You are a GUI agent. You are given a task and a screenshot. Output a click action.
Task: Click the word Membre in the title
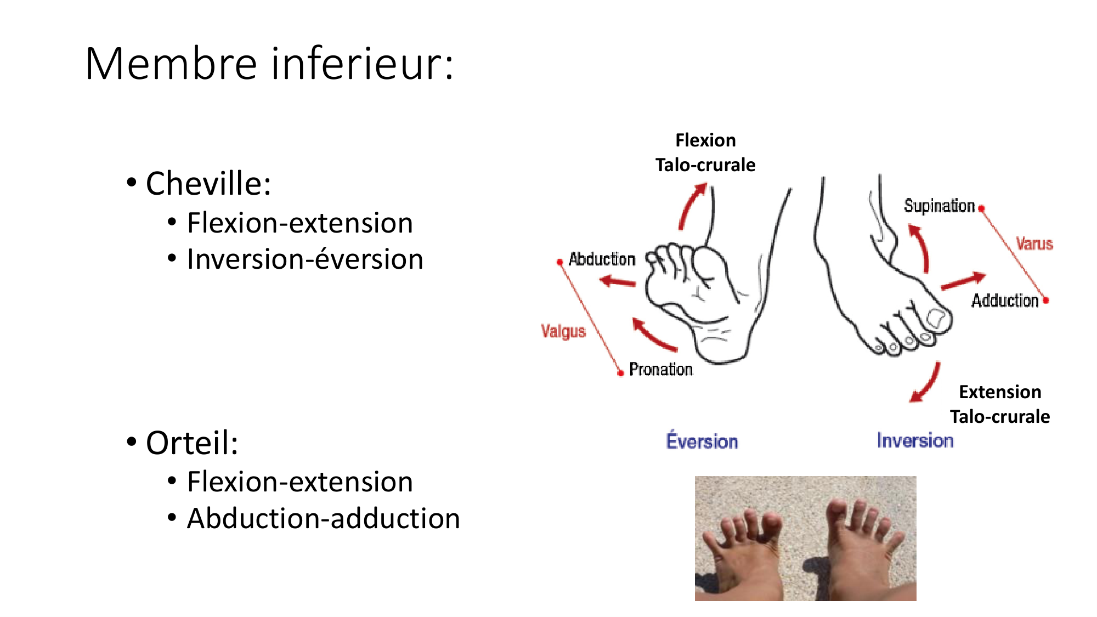click(x=171, y=64)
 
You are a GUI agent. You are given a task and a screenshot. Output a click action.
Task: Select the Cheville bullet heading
click(x=208, y=183)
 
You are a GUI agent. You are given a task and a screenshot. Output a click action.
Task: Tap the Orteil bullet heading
click(x=192, y=443)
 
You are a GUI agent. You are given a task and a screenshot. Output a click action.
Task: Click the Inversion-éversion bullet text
click(x=305, y=259)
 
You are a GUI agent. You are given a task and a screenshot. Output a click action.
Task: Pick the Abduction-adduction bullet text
click(x=324, y=518)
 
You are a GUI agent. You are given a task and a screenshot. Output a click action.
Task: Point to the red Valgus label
click(x=563, y=331)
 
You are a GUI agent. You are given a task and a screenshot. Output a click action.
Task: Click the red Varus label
click(x=1034, y=244)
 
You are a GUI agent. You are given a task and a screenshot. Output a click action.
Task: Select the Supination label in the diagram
click(x=940, y=206)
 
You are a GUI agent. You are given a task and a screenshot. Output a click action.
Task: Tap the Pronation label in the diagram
click(x=661, y=370)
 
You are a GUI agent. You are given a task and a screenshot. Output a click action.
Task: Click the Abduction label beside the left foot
click(x=602, y=259)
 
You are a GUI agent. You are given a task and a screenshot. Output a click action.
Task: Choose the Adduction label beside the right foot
click(x=1005, y=301)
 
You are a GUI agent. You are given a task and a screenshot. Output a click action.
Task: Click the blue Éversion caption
click(x=702, y=440)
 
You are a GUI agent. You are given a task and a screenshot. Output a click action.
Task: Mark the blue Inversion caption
click(x=915, y=440)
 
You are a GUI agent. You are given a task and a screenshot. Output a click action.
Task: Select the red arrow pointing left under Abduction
click(x=617, y=282)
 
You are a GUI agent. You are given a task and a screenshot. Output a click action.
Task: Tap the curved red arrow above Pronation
click(x=651, y=336)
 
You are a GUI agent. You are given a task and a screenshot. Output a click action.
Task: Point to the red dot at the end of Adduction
click(x=1046, y=300)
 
